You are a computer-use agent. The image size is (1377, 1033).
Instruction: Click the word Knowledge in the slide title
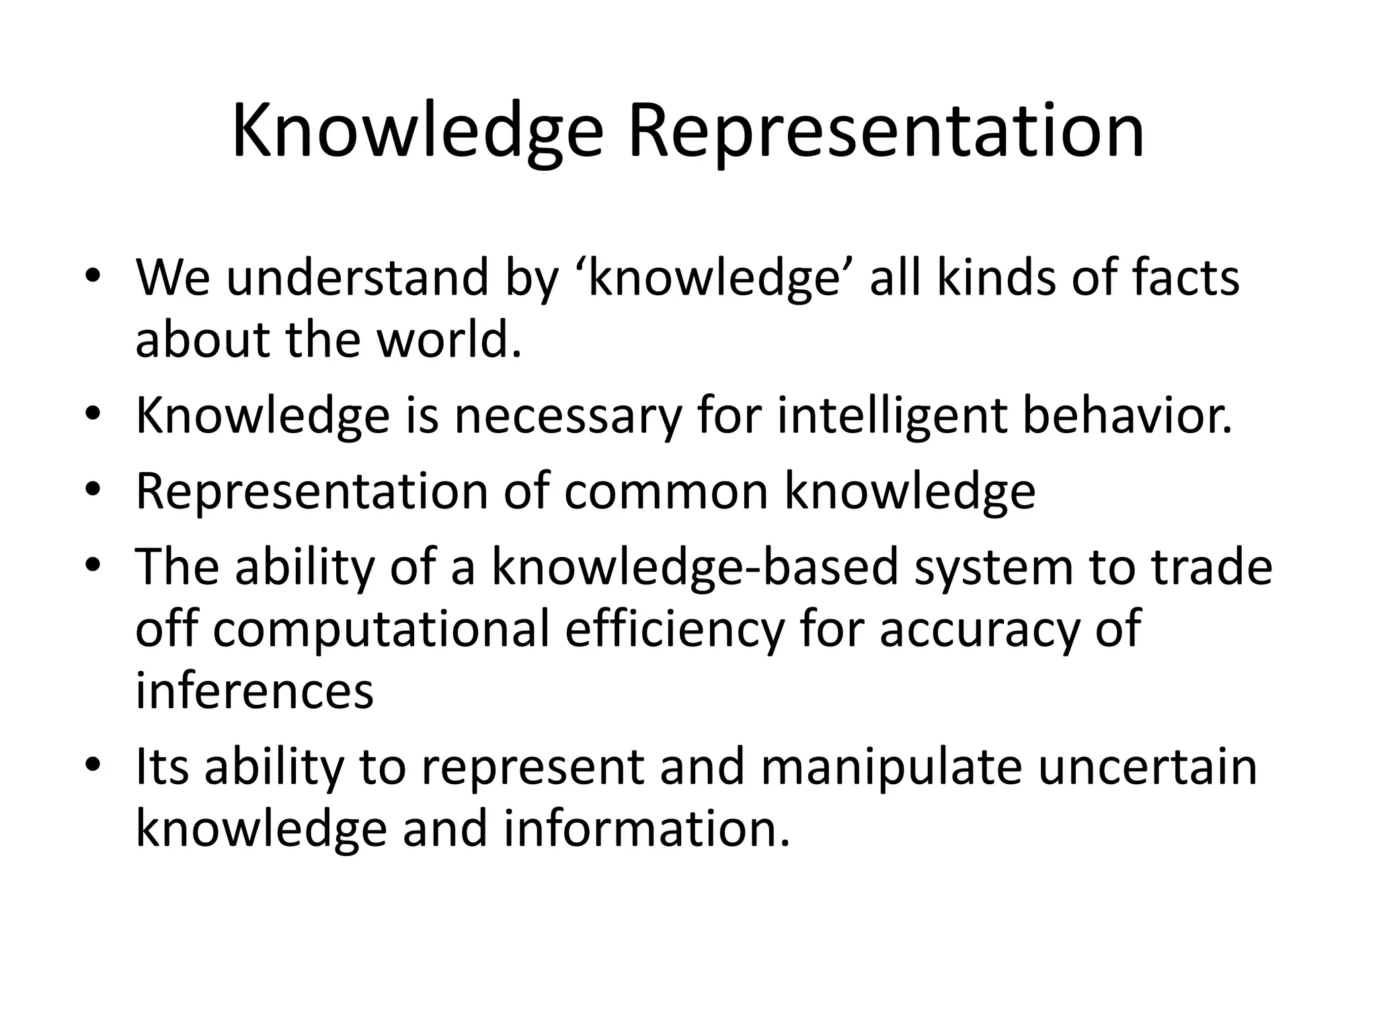click(417, 130)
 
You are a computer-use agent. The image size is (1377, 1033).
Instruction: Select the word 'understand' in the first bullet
click(356, 278)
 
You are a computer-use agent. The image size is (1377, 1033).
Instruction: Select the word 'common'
click(666, 492)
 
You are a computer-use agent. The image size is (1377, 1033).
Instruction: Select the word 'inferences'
click(254, 691)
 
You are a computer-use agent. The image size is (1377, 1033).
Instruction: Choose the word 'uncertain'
click(1147, 767)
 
